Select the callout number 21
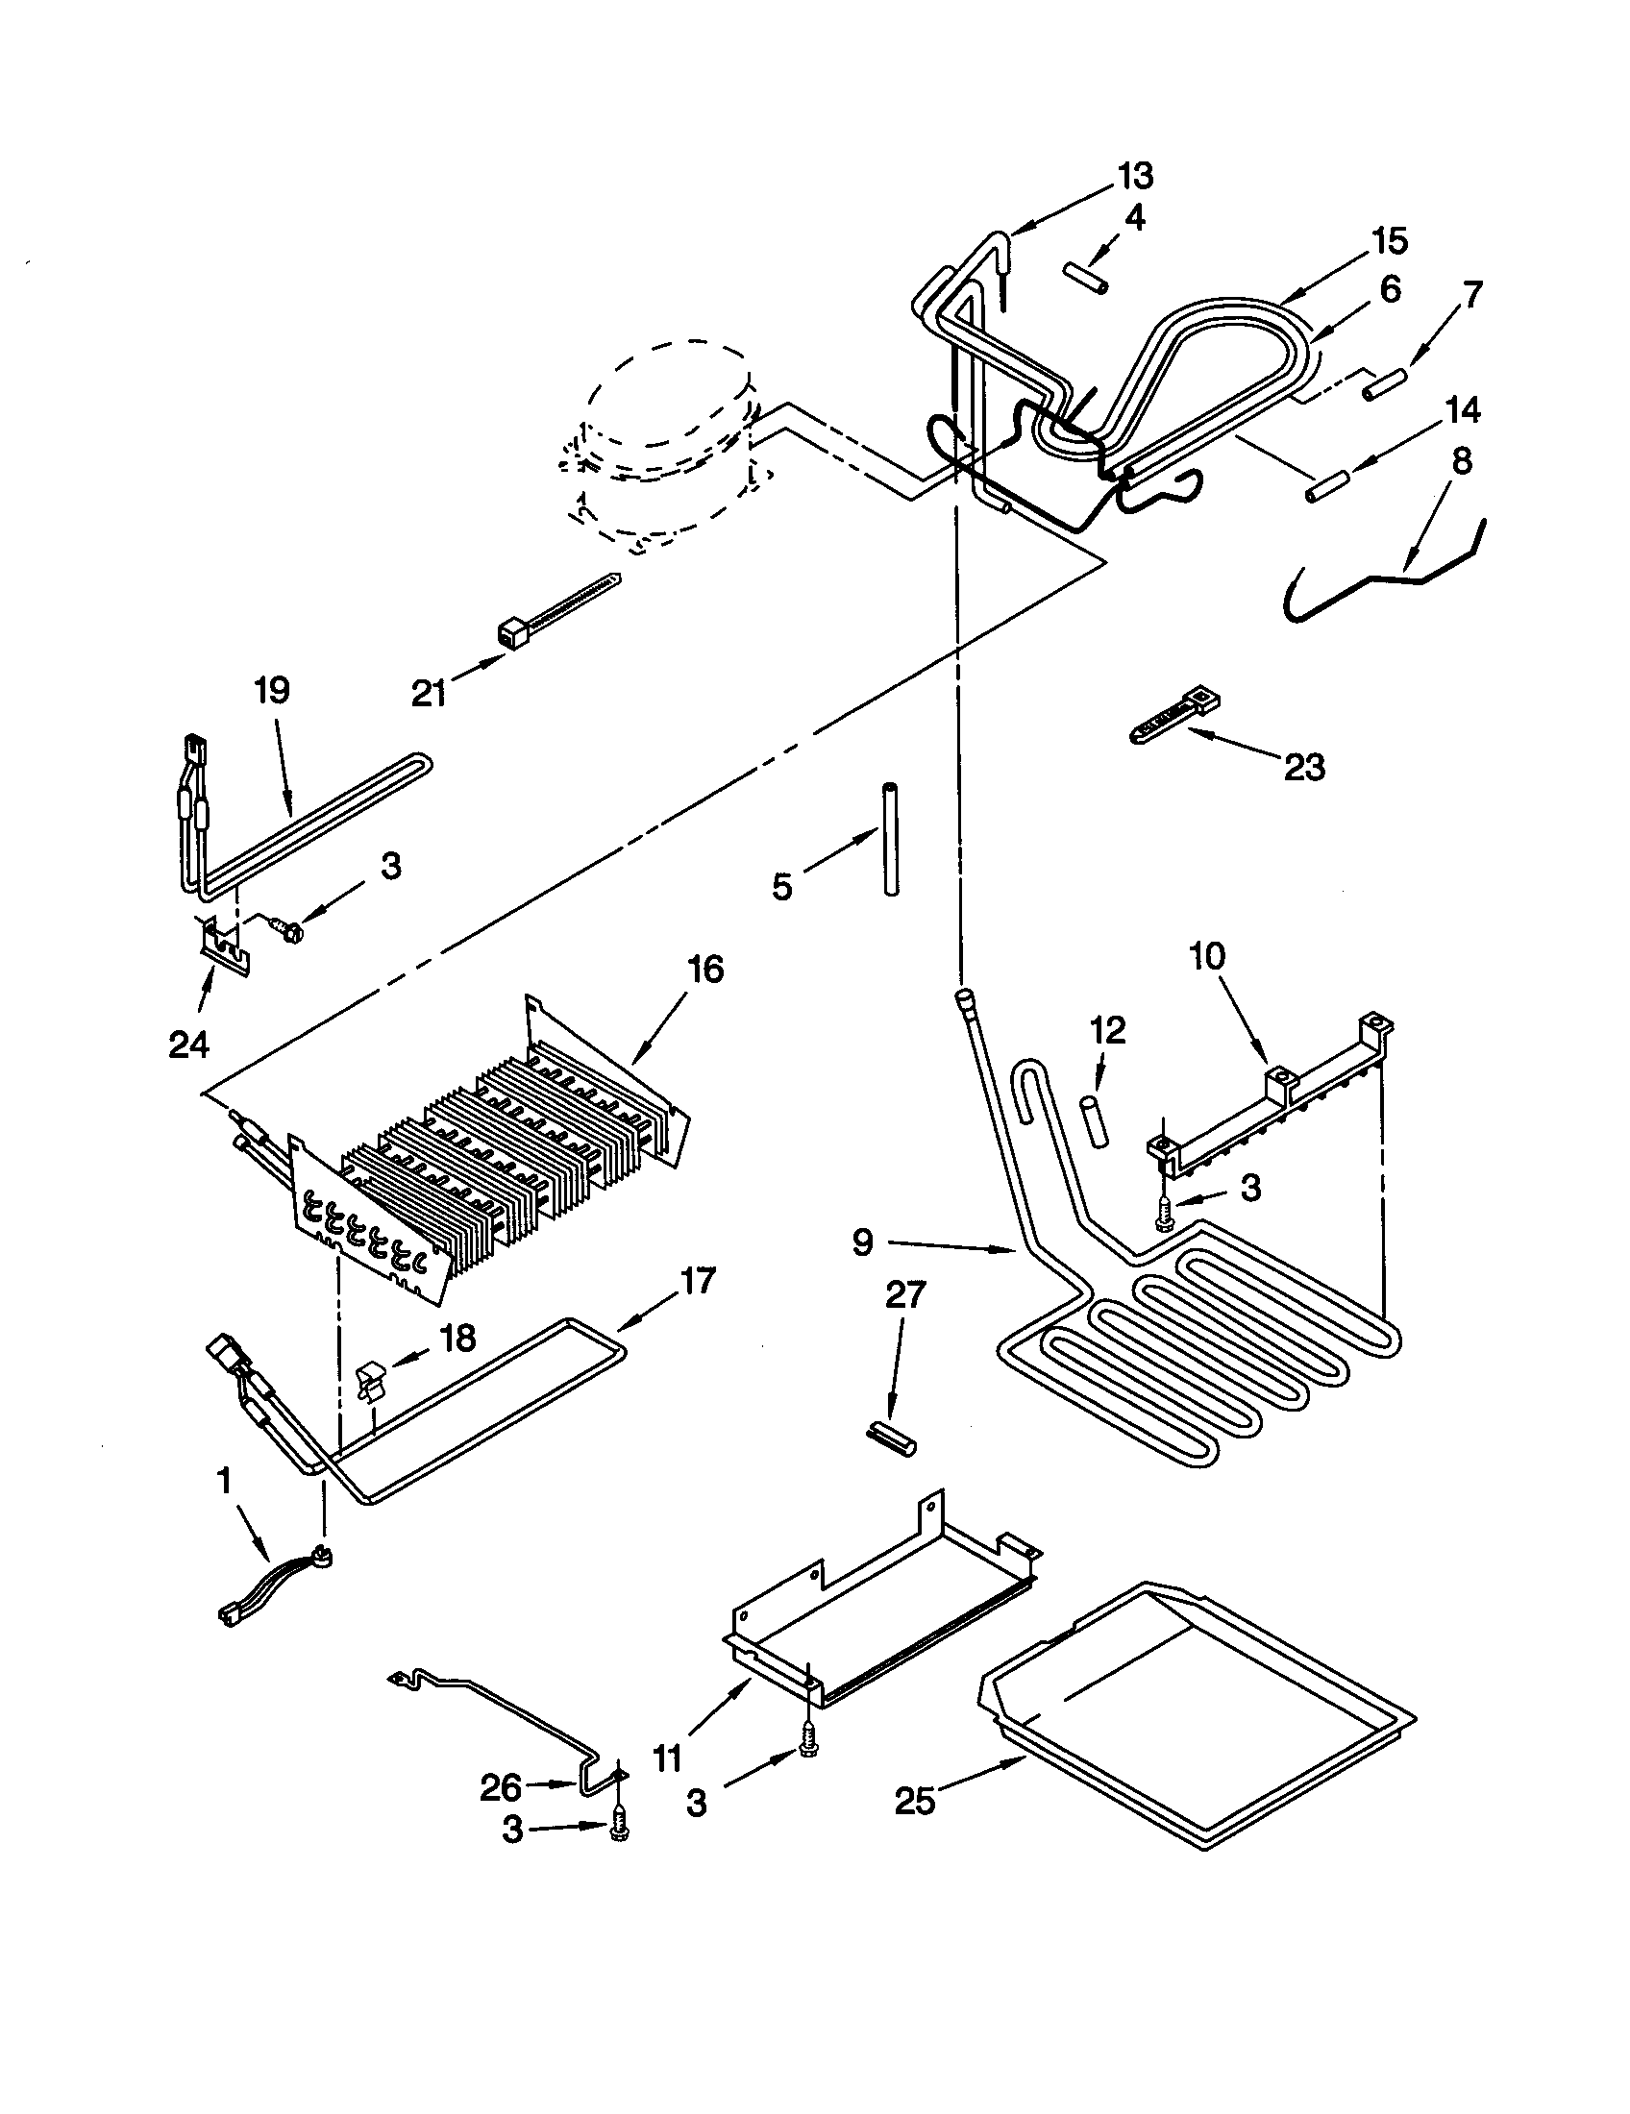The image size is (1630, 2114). click(x=429, y=692)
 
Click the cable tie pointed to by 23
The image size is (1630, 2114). click(x=1174, y=719)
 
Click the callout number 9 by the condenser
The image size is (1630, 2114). click(x=862, y=1241)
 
